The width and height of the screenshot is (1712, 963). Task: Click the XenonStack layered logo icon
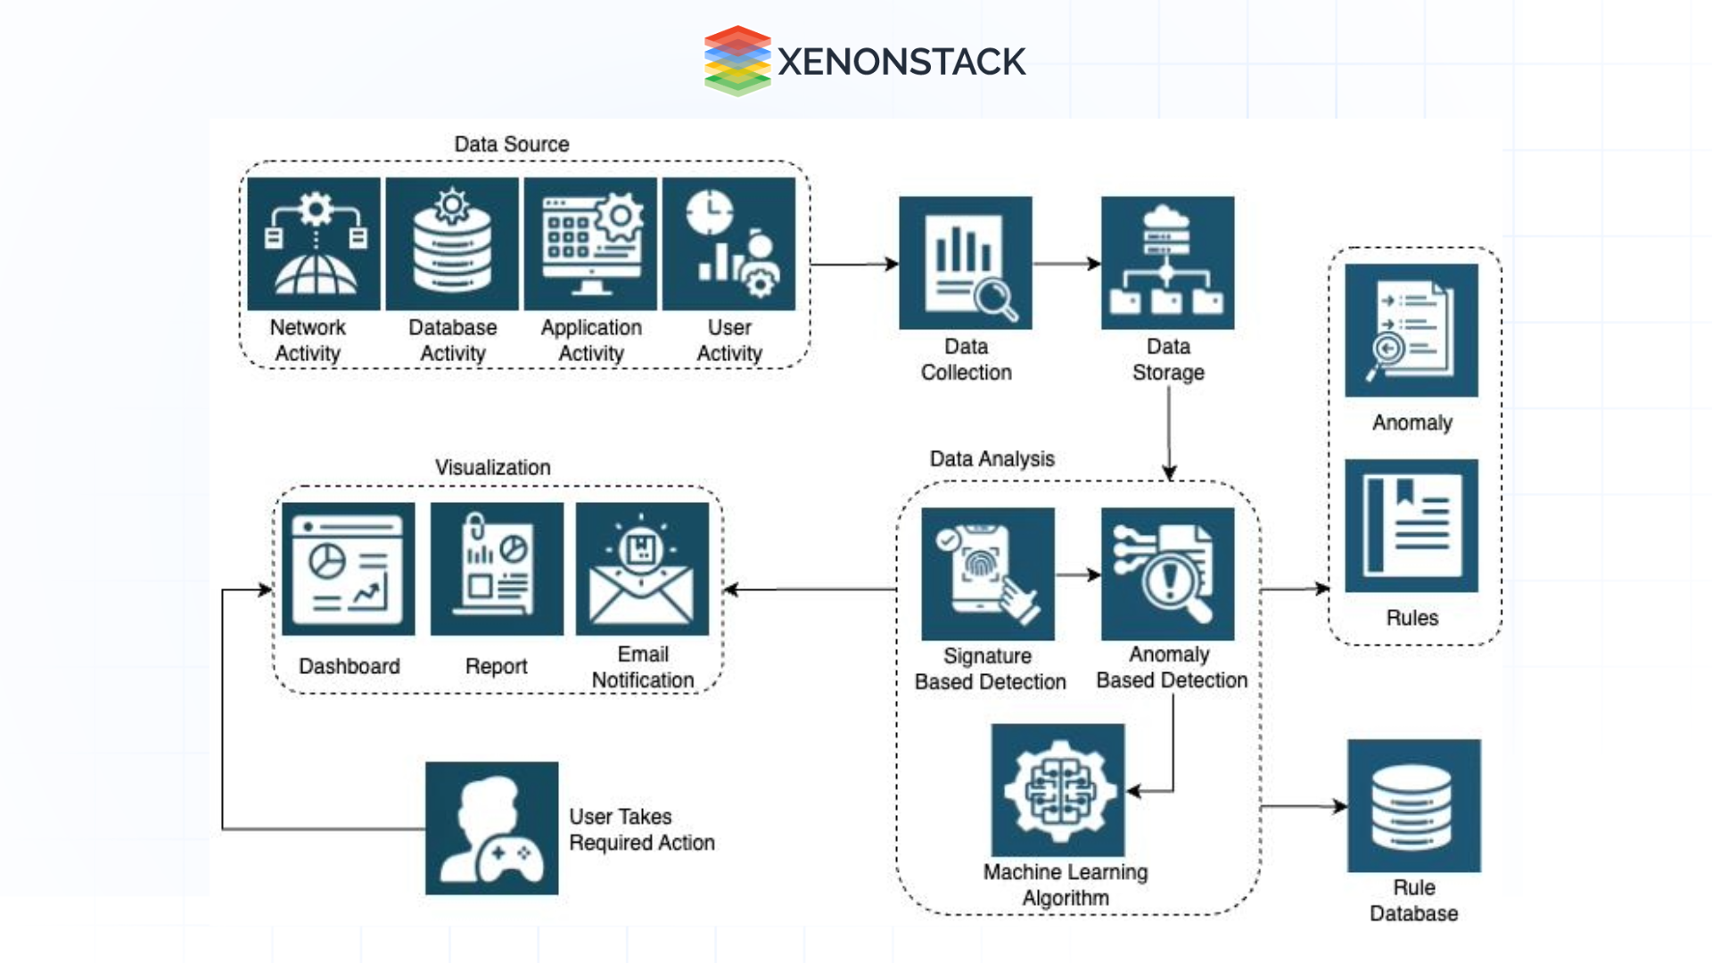pos(737,61)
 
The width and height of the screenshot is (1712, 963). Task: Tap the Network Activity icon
pos(314,244)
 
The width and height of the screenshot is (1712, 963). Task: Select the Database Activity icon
pos(452,244)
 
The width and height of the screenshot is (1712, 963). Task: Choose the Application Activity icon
pos(590,244)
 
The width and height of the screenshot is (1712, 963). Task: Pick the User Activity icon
pos(728,244)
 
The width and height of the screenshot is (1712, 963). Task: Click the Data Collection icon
pos(966,263)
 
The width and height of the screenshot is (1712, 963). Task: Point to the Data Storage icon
pos(1168,263)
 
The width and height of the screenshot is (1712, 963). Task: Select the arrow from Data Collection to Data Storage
pos(1066,264)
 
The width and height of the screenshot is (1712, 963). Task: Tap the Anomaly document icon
pos(1412,330)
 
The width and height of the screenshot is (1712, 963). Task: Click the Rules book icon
pos(1412,526)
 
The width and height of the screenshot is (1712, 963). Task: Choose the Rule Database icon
pos(1414,806)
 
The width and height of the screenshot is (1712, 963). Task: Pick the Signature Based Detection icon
pos(988,574)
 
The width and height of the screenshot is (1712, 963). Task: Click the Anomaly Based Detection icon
pos(1168,574)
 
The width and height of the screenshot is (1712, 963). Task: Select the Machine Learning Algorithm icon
pos(1058,790)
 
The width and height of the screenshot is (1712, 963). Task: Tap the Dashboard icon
pos(349,569)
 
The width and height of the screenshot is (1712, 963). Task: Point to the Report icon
pos(497,569)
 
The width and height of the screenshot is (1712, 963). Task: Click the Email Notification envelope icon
pos(642,569)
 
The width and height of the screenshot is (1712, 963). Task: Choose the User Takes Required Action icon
pos(492,828)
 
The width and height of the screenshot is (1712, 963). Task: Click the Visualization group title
pos(493,467)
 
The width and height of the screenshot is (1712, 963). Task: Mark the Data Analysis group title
pos(992,459)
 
